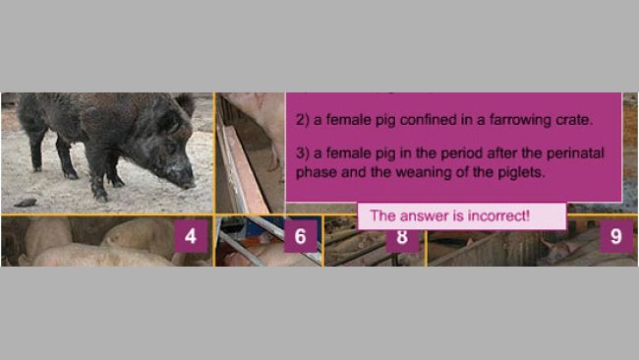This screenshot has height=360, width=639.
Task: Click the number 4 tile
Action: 191,236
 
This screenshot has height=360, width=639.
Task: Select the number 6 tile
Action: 301,236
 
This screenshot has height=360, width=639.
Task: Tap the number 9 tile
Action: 616,236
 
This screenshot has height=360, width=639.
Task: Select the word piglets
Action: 521,172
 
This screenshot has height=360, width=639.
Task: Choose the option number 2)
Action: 303,120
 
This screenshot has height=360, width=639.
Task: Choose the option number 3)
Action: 303,153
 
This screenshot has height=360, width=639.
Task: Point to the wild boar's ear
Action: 185,103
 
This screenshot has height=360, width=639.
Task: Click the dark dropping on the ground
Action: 26,203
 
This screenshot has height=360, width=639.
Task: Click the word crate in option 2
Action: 574,120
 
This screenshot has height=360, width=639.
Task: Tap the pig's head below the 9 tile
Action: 561,249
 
